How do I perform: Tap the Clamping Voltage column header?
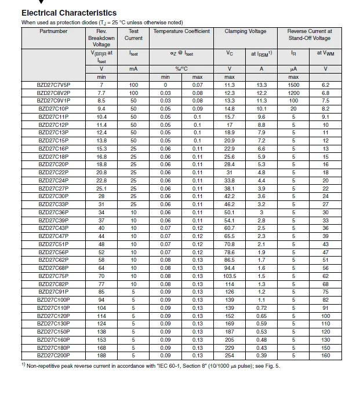tap(245, 31)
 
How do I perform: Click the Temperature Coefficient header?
tap(181, 31)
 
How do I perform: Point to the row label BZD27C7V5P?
tap(53, 85)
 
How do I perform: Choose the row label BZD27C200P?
tap(53, 355)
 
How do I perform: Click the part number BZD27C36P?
tap(53, 213)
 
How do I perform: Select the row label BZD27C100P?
tap(53, 300)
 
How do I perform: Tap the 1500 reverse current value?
tap(294, 85)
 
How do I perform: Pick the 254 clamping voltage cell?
tap(230, 355)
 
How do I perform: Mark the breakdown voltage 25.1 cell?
tap(101, 188)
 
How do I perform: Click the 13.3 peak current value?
tap(261, 85)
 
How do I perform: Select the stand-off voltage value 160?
tap(325, 355)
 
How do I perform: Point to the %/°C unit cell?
tap(181, 69)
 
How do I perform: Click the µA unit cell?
tap(294, 69)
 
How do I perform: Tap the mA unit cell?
tap(134, 69)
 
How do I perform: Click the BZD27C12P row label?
tap(53, 125)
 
